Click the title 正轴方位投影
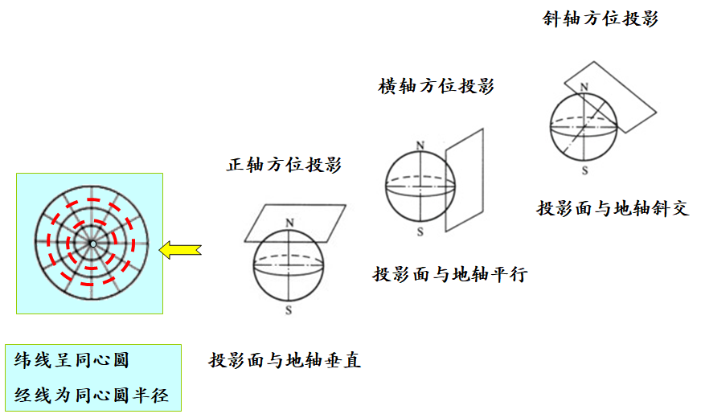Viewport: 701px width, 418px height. coord(284,166)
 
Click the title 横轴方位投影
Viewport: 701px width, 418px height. coord(436,87)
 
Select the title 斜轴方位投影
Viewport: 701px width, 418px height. coord(601,18)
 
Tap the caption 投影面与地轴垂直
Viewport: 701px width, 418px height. coord(285,360)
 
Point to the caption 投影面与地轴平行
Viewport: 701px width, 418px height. coord(449,274)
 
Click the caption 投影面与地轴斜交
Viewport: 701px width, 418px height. coord(613,208)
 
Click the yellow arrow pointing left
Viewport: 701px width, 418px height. coord(179,250)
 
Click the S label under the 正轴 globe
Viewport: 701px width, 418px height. coord(289,309)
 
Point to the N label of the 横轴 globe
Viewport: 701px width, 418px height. coord(420,145)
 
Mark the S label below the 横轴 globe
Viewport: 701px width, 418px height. coord(420,232)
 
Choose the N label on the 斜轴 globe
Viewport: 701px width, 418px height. coord(584,86)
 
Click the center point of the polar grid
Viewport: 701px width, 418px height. coord(93,244)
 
